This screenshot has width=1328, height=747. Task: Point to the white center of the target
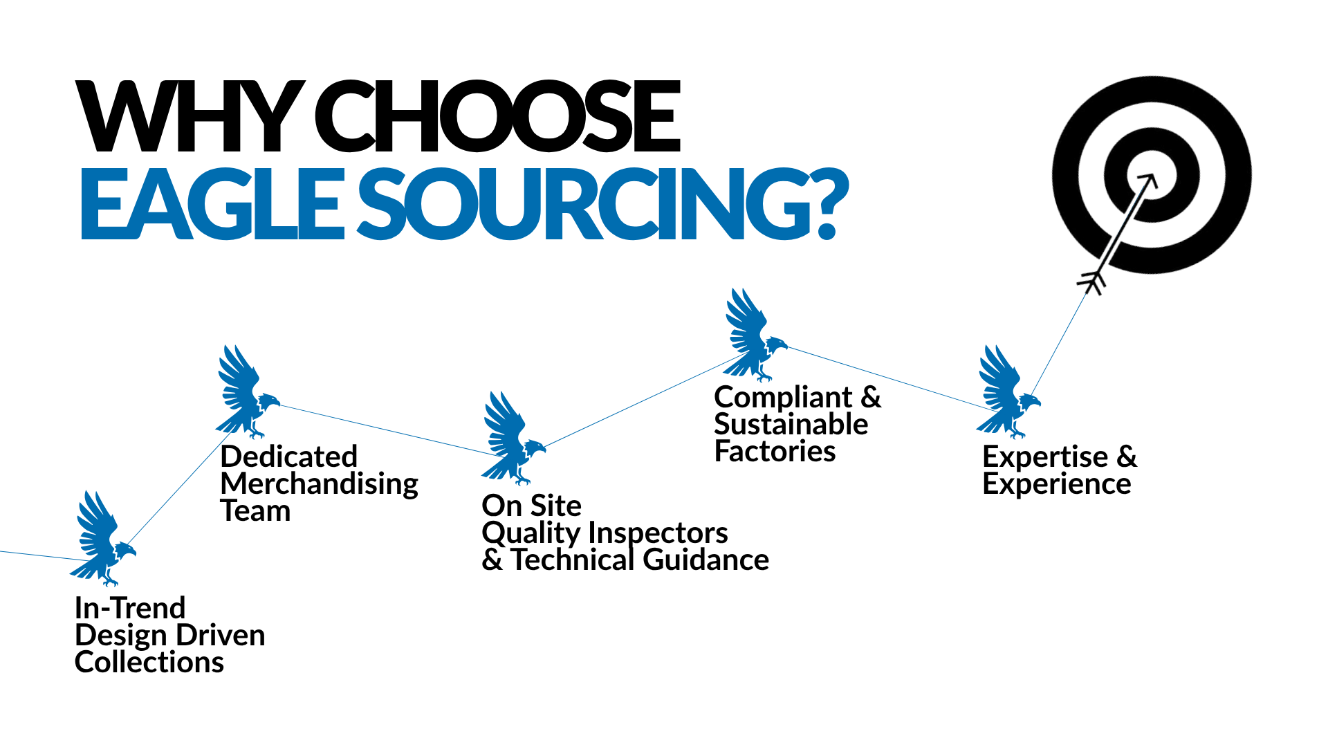pyautogui.click(x=1152, y=174)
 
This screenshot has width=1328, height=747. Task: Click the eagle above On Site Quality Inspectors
pyautogui.click(x=511, y=438)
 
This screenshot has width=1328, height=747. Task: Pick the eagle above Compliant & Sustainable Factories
pyautogui.click(x=754, y=336)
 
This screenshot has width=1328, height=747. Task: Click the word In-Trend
pyautogui.click(x=130, y=609)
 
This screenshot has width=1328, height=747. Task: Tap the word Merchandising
pyautogui.click(x=319, y=484)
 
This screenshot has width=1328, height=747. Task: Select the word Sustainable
pyautogui.click(x=791, y=424)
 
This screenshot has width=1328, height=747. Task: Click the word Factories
pyautogui.click(x=775, y=452)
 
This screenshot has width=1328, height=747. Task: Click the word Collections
pyautogui.click(x=149, y=663)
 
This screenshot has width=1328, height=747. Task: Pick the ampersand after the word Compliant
pyautogui.click(x=871, y=397)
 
